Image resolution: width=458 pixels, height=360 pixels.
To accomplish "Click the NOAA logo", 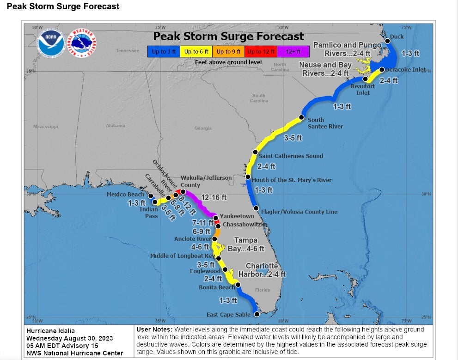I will pos(51,44).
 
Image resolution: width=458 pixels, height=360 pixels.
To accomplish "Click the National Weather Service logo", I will pos(82,44).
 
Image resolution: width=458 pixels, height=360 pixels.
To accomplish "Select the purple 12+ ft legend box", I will pos(293,51).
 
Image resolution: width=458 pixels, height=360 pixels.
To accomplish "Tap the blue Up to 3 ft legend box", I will pos(164,51).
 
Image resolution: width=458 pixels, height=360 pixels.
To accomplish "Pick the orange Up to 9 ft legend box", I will pos(228,51).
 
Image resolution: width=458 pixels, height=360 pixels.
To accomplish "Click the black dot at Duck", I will pos(388,41).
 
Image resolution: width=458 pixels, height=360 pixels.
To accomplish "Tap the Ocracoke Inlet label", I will pos(405,70).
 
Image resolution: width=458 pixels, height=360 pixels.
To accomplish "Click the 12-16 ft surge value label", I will pos(214,197).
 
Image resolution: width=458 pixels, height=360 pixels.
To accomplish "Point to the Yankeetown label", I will pos(237,216).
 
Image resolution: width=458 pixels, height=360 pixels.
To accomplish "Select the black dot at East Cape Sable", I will pos(257,314).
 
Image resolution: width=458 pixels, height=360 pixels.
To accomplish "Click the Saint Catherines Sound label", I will pos(291,156).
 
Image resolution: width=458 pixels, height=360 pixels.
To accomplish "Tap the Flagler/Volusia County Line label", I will pos(299,212).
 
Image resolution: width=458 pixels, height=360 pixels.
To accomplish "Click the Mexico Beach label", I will pos(126,195).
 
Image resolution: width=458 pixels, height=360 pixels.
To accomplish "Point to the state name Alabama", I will pos(115,126).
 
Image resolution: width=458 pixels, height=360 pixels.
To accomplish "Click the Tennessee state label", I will pos(127,50).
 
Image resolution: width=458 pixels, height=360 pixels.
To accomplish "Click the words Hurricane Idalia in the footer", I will pos(50,331).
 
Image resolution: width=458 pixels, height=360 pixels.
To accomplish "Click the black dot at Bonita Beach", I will pos(238,285).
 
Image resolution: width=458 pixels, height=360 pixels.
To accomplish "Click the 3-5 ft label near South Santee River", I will pos(293,138).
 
